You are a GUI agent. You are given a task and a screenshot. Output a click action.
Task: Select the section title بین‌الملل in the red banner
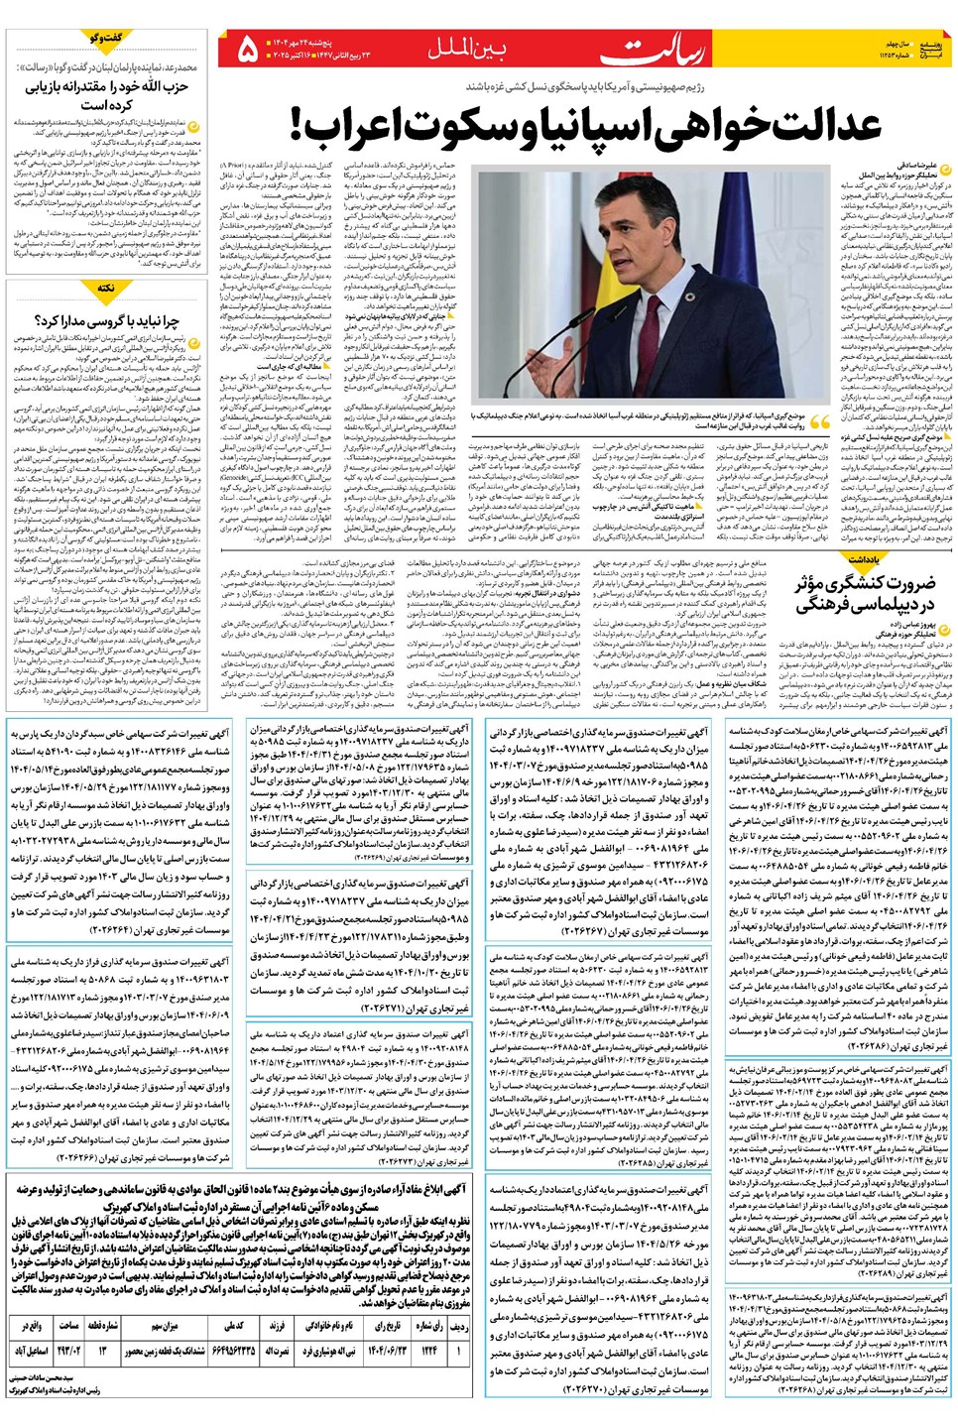click(x=465, y=48)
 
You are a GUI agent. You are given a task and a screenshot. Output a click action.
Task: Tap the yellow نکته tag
click(x=106, y=288)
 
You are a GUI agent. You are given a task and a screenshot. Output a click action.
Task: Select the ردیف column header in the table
click(x=458, y=1325)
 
